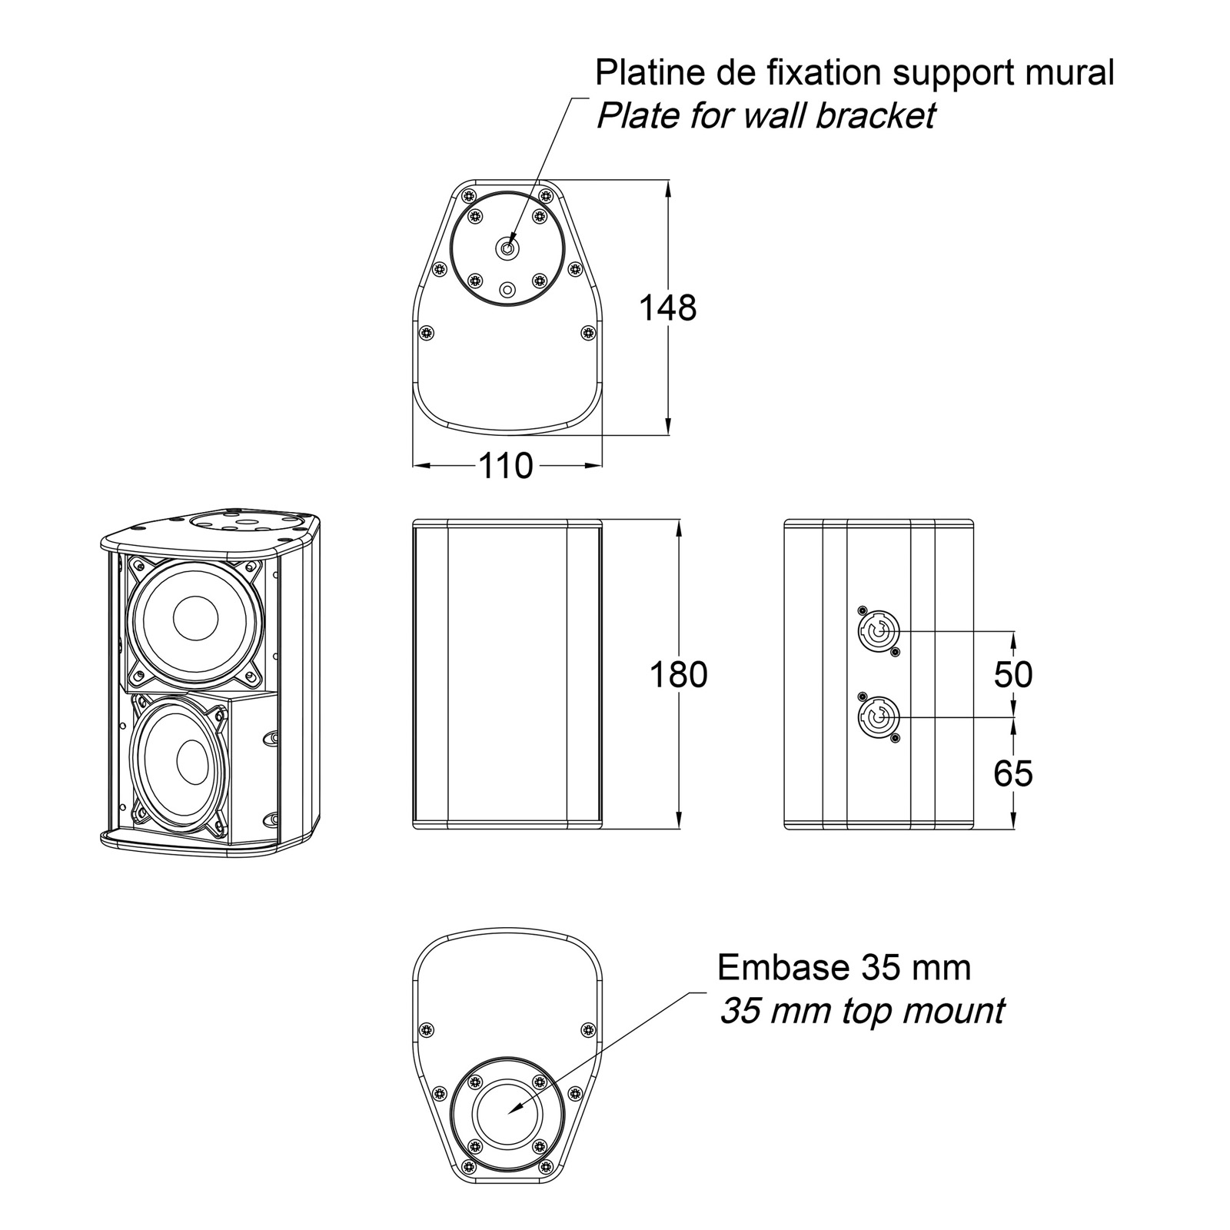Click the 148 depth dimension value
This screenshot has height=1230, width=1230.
click(668, 307)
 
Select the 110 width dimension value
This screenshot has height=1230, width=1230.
click(506, 466)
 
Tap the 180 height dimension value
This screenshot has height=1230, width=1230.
click(678, 675)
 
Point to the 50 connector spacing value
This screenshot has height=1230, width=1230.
click(1013, 674)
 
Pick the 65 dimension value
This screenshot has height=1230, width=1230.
click(1013, 773)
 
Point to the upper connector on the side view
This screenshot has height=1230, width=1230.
click(876, 631)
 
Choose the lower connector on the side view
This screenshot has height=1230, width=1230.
click(876, 717)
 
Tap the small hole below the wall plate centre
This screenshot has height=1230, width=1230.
click(507, 290)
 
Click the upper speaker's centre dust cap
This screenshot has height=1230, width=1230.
click(195, 619)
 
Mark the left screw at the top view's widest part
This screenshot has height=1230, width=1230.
click(427, 333)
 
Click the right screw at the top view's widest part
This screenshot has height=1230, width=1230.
click(588, 332)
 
